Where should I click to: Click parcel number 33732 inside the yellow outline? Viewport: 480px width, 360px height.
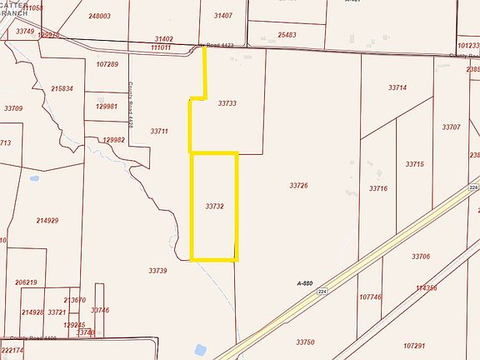tap(214, 204)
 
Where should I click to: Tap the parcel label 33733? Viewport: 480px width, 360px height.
tap(227, 103)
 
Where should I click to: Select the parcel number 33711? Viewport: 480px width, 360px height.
tap(159, 131)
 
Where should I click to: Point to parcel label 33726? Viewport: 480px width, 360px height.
tap(298, 185)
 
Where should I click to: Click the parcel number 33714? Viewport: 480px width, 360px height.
tap(397, 87)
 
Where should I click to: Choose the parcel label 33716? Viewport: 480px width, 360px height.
tap(378, 189)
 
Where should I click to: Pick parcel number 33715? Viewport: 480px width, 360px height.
tap(415, 164)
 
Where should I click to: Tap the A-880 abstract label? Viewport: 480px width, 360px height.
tap(306, 283)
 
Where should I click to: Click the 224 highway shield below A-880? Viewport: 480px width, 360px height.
tap(323, 291)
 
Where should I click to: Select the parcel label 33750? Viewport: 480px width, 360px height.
tap(305, 342)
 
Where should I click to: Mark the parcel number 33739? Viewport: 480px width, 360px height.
tap(158, 270)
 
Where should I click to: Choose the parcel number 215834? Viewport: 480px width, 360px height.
tap(62, 88)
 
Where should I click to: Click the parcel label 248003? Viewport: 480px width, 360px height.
tap(99, 16)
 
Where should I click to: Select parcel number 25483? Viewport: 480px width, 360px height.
tap(287, 35)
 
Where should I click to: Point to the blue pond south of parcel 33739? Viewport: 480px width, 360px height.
tap(200, 350)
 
